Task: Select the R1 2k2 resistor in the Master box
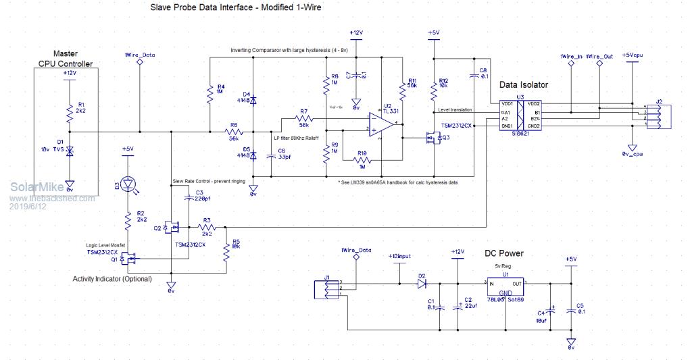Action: tap(70, 110)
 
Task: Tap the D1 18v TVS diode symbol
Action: tap(70, 151)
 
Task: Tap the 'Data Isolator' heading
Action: tap(524, 84)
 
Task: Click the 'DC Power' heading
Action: tap(503, 254)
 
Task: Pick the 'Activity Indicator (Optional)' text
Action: tap(112, 278)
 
